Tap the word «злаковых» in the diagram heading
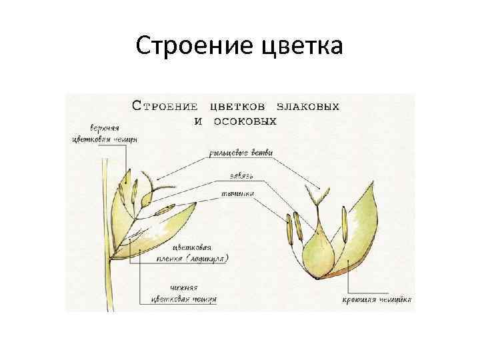[x=306, y=106]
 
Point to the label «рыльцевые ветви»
[x=240, y=153]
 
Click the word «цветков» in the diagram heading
[x=238, y=106]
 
